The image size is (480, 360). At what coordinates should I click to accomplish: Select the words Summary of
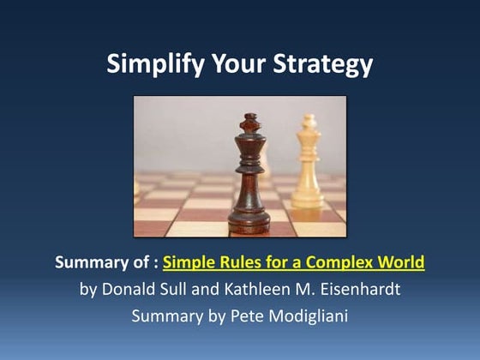point(103,262)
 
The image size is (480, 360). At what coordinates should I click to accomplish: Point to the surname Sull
point(182,289)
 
